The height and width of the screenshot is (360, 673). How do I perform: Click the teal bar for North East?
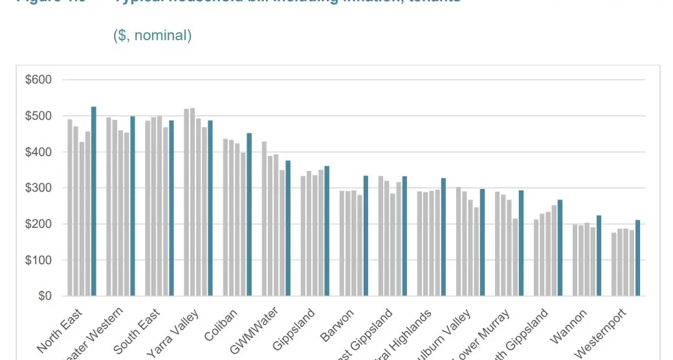point(94,201)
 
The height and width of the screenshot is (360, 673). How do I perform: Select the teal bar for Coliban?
point(249,214)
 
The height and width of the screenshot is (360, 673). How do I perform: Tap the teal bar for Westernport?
point(637,258)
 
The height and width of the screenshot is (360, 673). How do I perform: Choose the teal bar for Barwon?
point(366,236)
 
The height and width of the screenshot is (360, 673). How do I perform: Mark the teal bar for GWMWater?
point(288,229)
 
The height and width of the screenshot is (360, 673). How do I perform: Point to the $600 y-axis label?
point(38,80)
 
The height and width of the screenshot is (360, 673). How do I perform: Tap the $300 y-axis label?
point(38,188)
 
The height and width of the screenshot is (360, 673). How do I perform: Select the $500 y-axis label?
point(38,117)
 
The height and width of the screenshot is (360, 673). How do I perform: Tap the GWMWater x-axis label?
point(256,330)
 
